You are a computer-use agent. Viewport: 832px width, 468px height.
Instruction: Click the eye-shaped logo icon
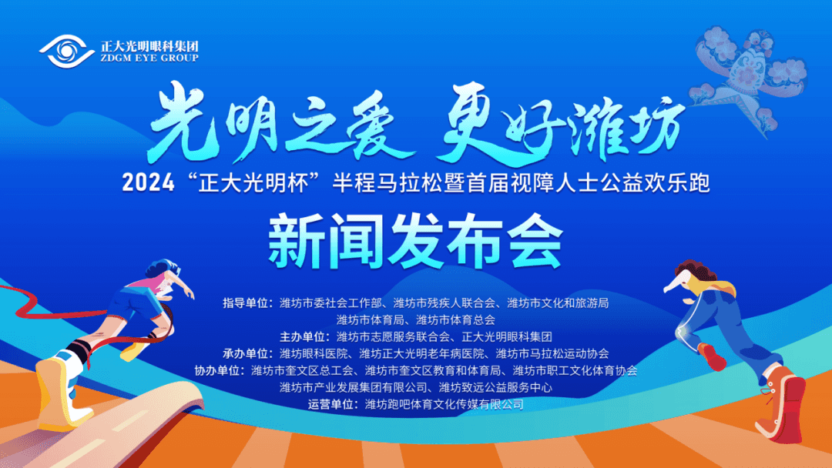click(x=66, y=52)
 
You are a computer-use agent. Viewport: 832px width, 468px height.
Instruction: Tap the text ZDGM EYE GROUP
click(x=149, y=58)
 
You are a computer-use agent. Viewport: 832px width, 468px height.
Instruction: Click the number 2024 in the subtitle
click(x=148, y=183)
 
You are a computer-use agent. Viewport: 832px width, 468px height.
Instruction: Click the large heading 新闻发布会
click(x=415, y=242)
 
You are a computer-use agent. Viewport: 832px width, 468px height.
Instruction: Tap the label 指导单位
click(x=245, y=303)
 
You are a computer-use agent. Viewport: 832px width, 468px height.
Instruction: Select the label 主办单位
click(x=303, y=337)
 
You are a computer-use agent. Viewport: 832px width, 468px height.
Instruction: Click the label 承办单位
click(x=245, y=354)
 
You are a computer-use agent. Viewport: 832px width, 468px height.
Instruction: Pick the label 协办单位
click(x=216, y=371)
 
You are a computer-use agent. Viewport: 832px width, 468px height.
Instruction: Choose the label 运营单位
click(x=330, y=405)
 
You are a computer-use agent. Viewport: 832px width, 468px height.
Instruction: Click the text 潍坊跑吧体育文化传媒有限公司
click(x=445, y=405)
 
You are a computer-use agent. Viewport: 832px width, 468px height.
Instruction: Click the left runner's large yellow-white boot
click(x=60, y=393)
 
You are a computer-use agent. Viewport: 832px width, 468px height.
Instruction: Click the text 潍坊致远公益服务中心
click(x=495, y=388)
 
